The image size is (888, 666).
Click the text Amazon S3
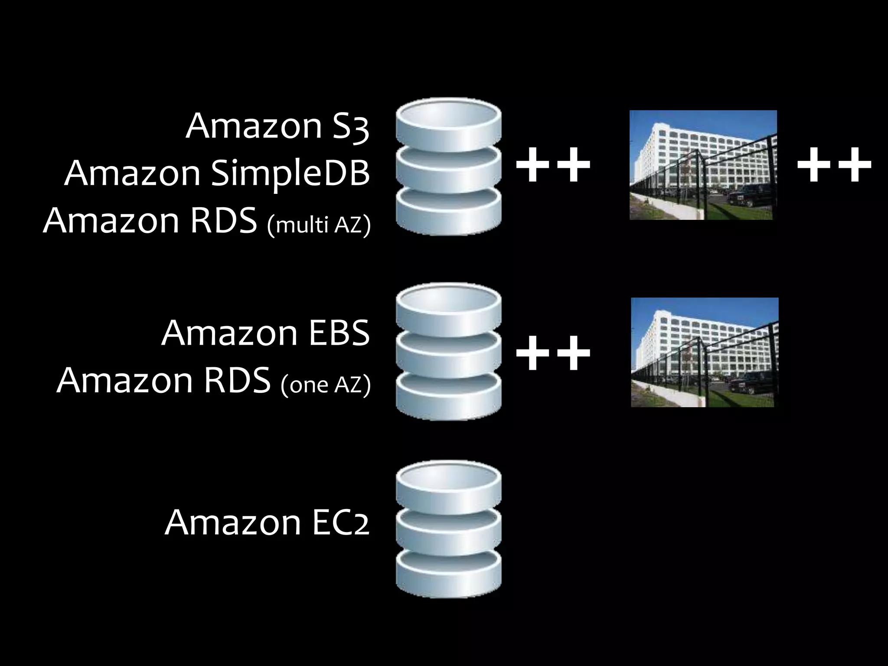click(277, 126)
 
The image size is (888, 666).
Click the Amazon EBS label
click(265, 333)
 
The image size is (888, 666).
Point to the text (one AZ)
click(326, 384)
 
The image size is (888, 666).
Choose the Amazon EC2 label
click(267, 522)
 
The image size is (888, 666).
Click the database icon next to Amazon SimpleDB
click(448, 167)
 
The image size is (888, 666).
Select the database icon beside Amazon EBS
click(448, 352)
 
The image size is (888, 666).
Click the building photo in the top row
click(702, 165)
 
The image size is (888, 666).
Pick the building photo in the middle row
click(704, 352)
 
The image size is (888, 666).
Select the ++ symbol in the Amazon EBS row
click(553, 353)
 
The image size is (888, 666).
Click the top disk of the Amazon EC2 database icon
click(448, 483)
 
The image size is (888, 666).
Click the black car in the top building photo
click(752, 195)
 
